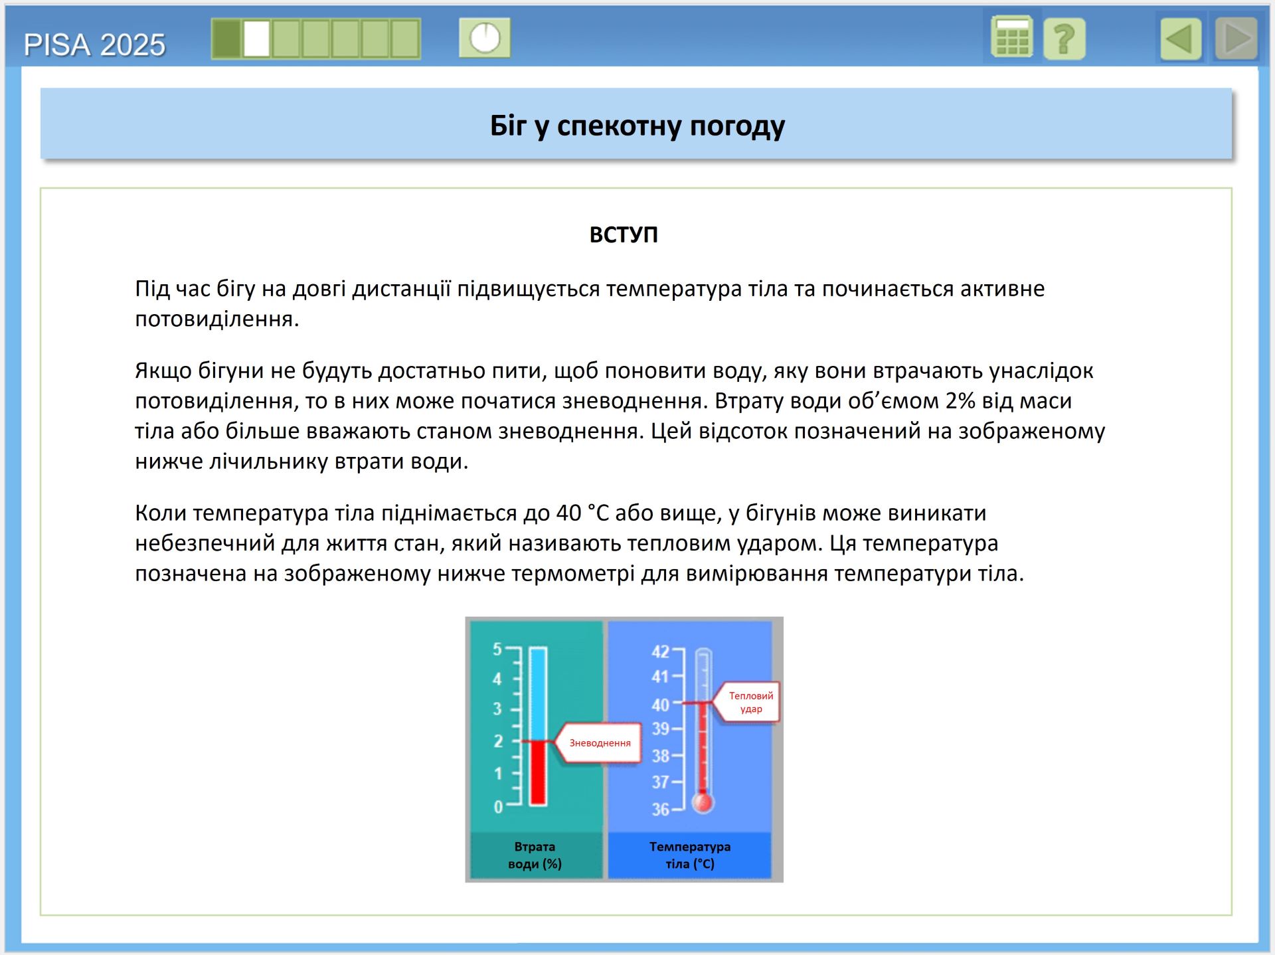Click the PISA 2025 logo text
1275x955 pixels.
(94, 45)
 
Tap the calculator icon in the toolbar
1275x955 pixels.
(1011, 37)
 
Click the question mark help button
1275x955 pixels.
(1064, 39)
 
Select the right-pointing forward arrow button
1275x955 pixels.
(1236, 39)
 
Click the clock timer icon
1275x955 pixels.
(485, 37)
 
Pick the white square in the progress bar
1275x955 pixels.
(256, 39)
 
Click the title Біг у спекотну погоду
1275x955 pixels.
(637, 126)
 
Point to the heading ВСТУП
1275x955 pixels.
(624, 234)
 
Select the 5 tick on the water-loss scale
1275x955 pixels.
(497, 649)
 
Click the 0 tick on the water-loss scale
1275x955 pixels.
(498, 807)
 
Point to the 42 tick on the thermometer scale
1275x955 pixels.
(660, 651)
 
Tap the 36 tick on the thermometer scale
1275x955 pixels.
(660, 810)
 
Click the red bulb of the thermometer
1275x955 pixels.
(703, 802)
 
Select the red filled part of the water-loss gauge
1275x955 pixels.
(538, 772)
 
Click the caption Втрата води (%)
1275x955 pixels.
(535, 855)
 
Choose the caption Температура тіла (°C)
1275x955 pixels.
(690, 855)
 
